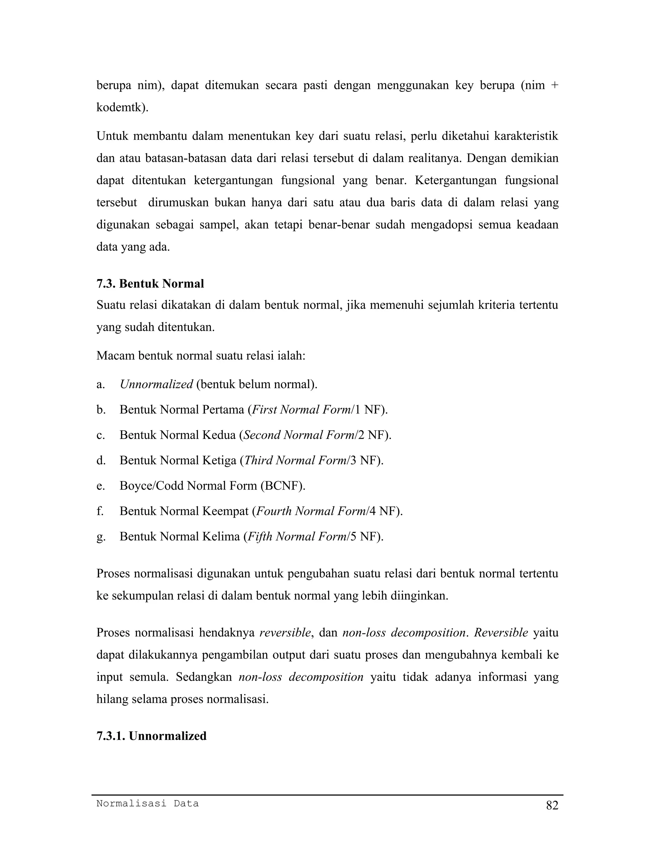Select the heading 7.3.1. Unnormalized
point(151,736)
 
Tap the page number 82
point(552,806)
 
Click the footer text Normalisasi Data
point(147,803)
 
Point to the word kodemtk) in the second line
point(122,108)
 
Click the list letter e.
point(100,486)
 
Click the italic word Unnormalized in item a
point(156,384)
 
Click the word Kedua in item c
point(219,435)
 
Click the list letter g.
point(100,537)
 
